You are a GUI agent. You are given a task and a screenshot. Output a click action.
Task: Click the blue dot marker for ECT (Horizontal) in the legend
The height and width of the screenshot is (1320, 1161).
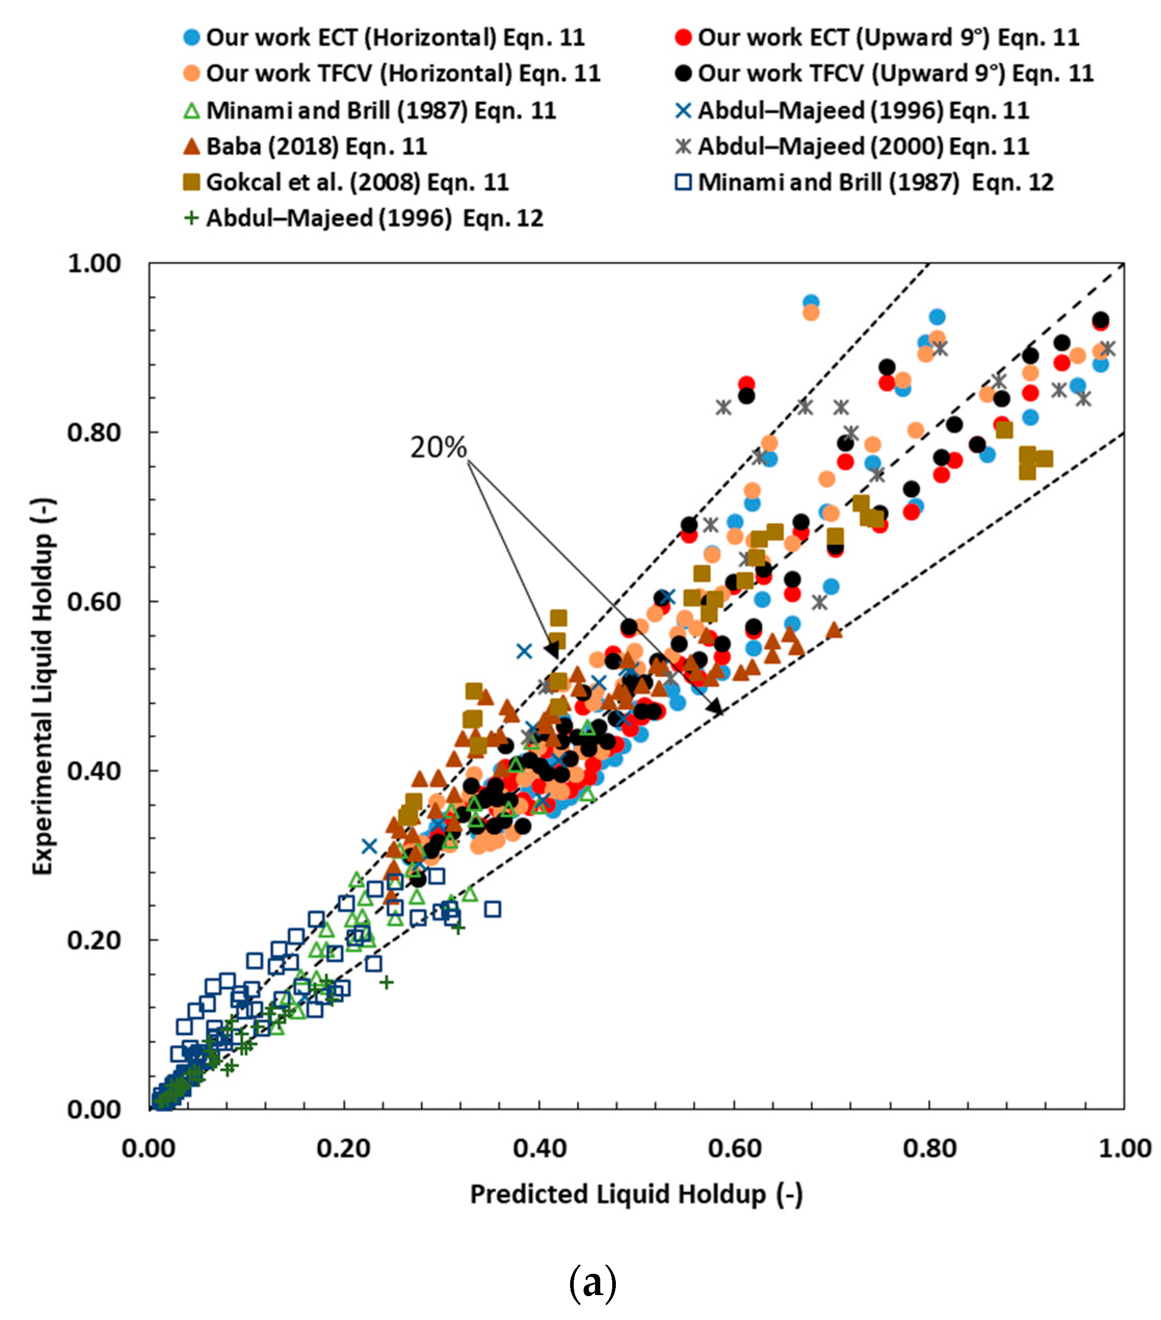pyautogui.click(x=192, y=37)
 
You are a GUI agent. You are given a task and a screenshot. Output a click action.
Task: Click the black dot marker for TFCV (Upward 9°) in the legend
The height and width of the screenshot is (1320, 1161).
pyautogui.click(x=683, y=74)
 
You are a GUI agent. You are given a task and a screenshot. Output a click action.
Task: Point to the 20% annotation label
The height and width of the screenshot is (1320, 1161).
pyautogui.click(x=438, y=448)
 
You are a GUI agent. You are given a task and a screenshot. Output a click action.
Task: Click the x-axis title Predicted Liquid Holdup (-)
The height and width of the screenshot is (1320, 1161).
pyautogui.click(x=637, y=1195)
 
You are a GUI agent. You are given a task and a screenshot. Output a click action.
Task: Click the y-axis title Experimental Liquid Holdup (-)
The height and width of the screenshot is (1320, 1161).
pyautogui.click(x=43, y=686)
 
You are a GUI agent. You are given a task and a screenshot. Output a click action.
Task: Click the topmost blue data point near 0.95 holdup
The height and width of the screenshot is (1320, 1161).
pyautogui.click(x=811, y=302)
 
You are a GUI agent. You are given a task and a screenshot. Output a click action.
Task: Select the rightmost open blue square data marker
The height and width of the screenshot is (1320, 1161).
pyautogui.click(x=493, y=909)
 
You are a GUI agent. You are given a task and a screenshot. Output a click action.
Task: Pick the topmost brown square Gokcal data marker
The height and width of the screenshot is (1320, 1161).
pyautogui.click(x=558, y=618)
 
